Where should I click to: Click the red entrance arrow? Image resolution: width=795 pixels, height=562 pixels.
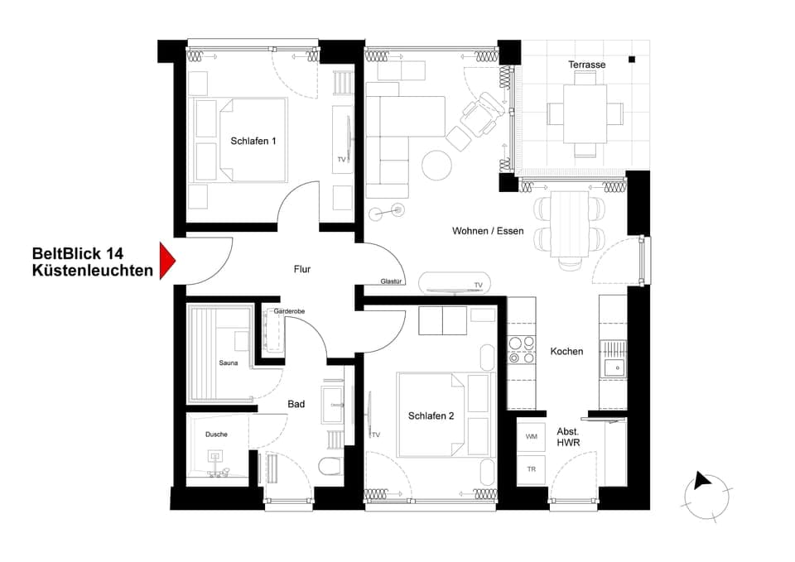click(x=167, y=261)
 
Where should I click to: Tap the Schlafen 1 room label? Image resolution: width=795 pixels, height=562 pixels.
click(x=253, y=142)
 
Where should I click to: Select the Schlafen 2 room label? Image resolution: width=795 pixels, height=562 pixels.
click(x=431, y=416)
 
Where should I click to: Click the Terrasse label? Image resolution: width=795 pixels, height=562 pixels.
click(x=586, y=65)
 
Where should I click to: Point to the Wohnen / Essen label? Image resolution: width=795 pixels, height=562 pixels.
click(x=488, y=231)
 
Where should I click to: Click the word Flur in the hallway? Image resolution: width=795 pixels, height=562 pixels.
click(x=302, y=269)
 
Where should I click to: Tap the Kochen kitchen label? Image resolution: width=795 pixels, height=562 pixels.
click(x=566, y=351)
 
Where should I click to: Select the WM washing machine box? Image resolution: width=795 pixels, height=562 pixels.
click(x=531, y=435)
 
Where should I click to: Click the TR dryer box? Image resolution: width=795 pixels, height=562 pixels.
click(x=531, y=469)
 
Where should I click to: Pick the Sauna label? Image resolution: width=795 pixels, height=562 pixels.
click(x=229, y=363)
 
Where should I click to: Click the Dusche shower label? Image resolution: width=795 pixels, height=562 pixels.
click(x=216, y=434)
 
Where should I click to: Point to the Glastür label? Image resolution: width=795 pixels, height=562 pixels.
click(x=391, y=281)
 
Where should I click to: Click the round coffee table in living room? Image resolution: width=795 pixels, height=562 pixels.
click(x=437, y=164)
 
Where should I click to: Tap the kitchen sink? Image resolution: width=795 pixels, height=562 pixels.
click(x=614, y=367)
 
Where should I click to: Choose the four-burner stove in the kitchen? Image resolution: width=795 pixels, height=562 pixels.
click(x=522, y=349)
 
